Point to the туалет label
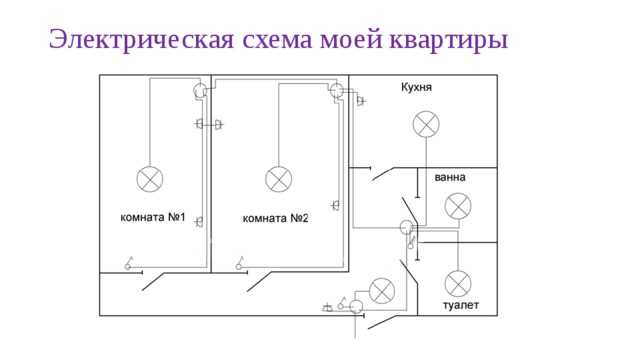tap(461, 304)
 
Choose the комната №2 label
tap(276, 217)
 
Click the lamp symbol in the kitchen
tap(427, 124)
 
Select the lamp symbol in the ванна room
tap(458, 207)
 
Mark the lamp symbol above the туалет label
tap(458, 282)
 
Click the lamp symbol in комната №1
tap(151, 179)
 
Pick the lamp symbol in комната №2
tap(278, 180)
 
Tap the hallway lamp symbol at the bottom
tap(381, 291)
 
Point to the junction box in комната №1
tap(200, 91)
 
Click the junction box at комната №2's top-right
tap(336, 91)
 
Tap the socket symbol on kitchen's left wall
tap(360, 101)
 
